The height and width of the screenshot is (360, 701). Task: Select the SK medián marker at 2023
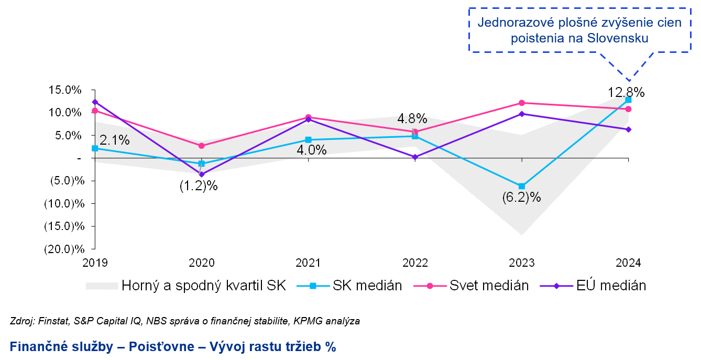tap(521, 186)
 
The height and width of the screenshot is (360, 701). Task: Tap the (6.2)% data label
tap(521, 198)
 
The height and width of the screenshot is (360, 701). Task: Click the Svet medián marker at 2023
tap(521, 103)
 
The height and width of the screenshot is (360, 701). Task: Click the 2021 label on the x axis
tap(308, 263)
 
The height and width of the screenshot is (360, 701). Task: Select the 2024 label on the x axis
tap(628, 263)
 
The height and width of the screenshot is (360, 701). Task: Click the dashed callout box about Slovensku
tap(579, 30)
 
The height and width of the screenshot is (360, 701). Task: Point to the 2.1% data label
tap(114, 140)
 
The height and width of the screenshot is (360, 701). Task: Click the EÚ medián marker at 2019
tap(95, 102)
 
